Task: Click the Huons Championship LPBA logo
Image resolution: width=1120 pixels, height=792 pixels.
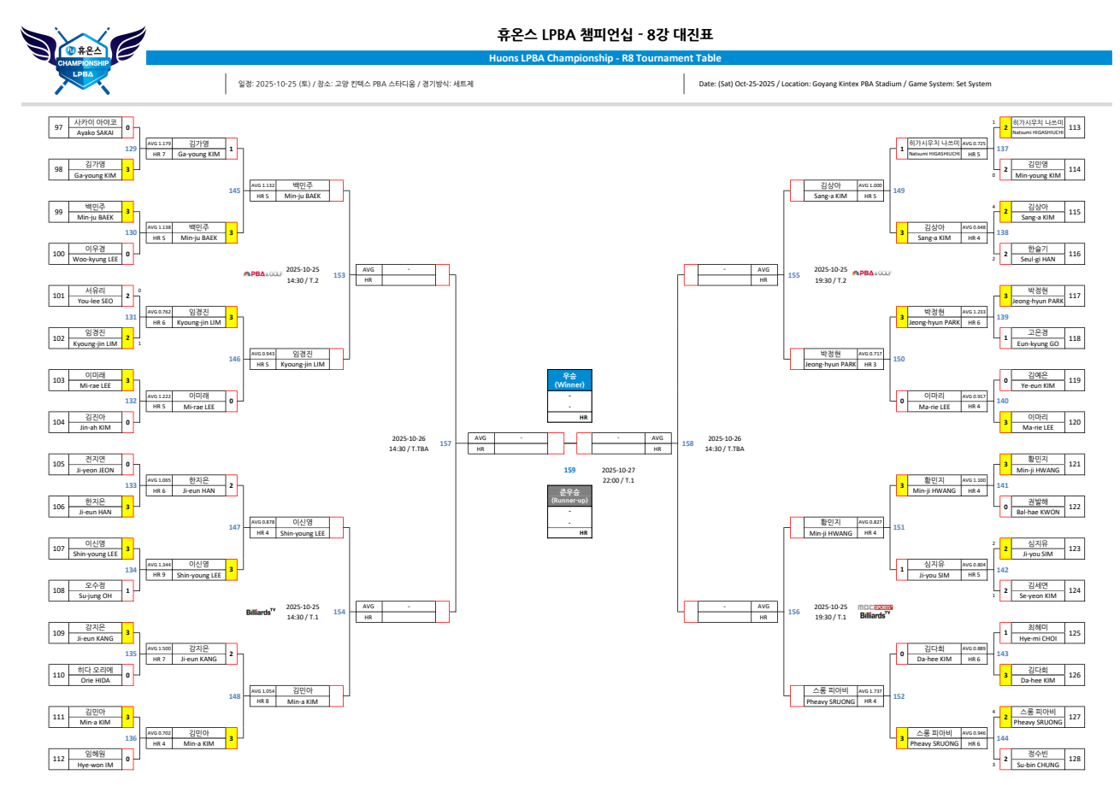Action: coord(83,62)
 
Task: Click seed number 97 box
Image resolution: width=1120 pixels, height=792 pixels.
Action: coord(58,127)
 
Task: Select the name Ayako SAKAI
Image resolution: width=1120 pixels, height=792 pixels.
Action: coord(95,132)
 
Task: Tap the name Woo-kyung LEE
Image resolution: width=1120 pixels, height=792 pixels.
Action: coord(95,259)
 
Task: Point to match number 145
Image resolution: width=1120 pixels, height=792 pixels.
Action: coord(234,191)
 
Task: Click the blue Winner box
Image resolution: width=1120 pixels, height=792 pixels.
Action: coord(569,380)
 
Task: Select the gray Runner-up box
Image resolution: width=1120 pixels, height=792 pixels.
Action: coord(569,496)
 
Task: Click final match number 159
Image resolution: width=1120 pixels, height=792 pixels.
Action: coord(569,470)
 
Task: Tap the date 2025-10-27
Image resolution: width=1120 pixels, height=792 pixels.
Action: coord(618,470)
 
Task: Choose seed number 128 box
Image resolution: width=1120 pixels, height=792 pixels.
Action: coord(1075,759)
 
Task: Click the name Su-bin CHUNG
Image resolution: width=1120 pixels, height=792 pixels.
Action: coord(1037,765)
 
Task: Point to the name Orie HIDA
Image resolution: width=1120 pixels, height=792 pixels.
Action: coord(95,680)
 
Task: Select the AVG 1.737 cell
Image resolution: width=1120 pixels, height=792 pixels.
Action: coord(869,691)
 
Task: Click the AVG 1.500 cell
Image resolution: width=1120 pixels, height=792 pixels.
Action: coord(159,648)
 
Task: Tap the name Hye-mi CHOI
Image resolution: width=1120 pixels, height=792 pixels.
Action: coord(1037,638)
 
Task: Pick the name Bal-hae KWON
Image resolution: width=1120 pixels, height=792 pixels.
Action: coord(1037,512)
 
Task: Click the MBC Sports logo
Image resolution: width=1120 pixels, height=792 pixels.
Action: coord(875,607)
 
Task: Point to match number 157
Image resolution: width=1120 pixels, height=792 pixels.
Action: coord(445,443)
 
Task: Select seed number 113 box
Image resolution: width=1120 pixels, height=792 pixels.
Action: coord(1075,127)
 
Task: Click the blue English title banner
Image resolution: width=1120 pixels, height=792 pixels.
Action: coord(604,58)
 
